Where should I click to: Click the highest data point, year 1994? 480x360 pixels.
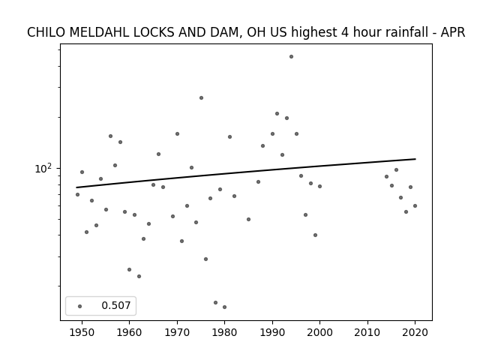coord(291,57)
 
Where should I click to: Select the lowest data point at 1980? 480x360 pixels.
coord(225,307)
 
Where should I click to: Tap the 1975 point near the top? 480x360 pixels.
coord(201,98)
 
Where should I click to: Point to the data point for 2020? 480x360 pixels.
coord(415,206)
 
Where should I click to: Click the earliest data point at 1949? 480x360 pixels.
coord(77,195)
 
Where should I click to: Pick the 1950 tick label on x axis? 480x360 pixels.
coord(82,333)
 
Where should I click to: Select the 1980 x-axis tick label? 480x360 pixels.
coord(225,333)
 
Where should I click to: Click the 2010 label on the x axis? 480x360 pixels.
coord(367,333)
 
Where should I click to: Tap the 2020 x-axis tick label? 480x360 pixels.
coord(415,333)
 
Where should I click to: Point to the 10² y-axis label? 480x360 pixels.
coord(43,168)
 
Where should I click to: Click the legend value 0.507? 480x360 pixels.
coord(116,305)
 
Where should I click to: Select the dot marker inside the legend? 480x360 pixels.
coord(80,306)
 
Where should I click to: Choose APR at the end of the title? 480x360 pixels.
coord(453,32)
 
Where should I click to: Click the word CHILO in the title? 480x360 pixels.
coord(46,32)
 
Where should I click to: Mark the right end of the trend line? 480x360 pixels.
coord(415,159)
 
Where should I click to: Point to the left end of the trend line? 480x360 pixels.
coord(76,187)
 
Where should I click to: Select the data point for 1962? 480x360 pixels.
coord(139,277)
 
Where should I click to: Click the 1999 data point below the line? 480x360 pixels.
coord(315,235)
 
